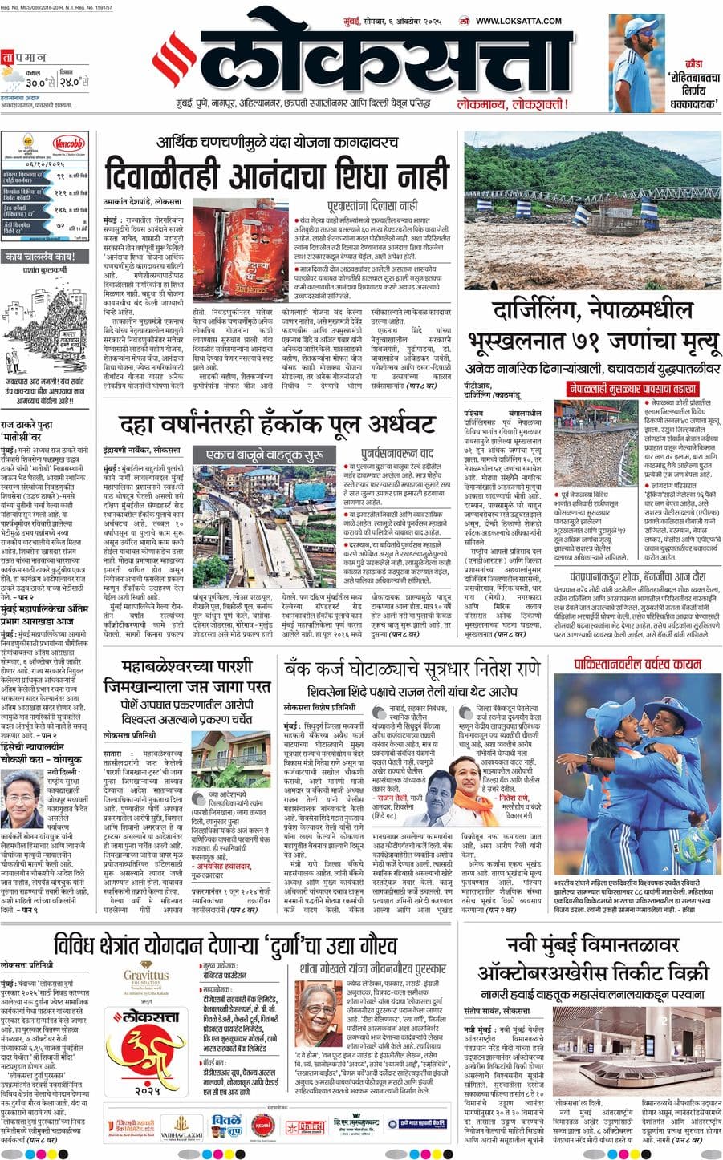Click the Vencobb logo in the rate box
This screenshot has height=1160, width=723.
coord(71,145)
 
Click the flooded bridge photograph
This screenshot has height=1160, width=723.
coord(592,208)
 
